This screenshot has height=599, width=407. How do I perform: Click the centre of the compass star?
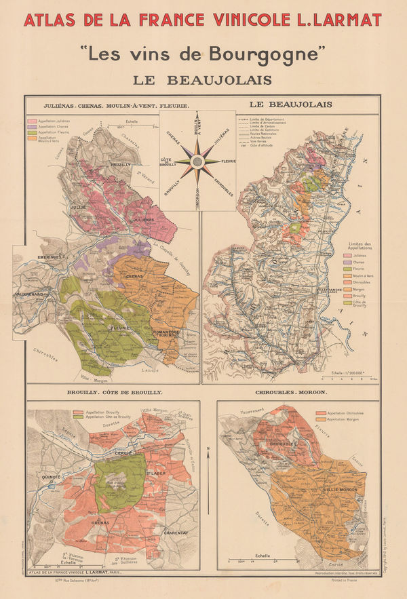pos(197,161)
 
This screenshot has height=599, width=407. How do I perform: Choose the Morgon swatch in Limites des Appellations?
pos(348,288)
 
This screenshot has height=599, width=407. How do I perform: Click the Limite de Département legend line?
pos(245,118)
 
